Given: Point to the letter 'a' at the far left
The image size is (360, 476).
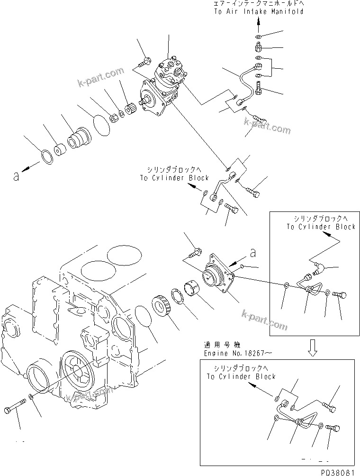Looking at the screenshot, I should [x=17, y=176].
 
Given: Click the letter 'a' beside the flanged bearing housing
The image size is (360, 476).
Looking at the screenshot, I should [x=252, y=254].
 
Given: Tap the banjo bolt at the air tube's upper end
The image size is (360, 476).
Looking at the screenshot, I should [x=258, y=88].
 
